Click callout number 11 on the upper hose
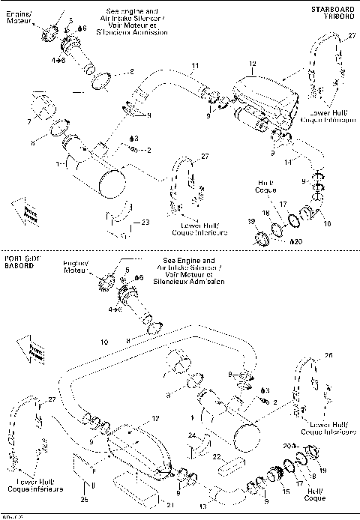pos(195,67)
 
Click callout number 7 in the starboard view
pos(29,121)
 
